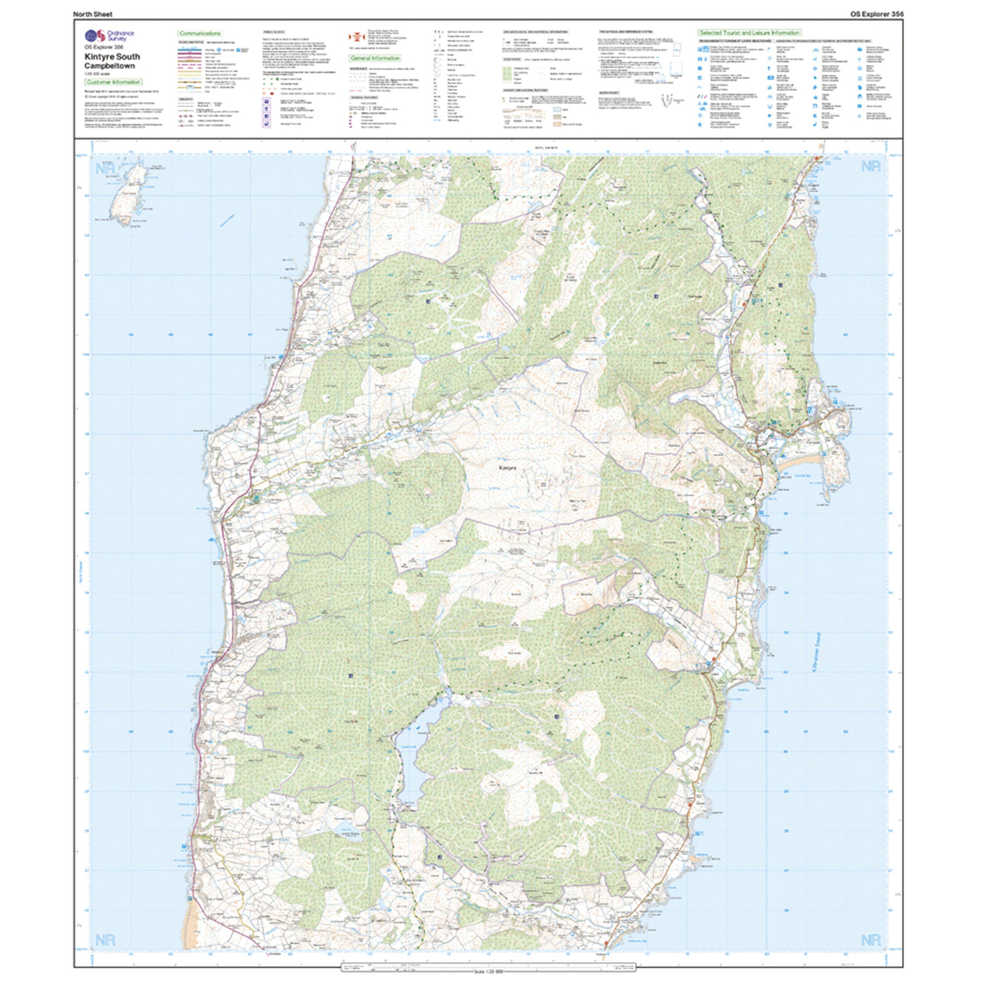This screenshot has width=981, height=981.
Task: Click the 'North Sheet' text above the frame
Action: (93, 14)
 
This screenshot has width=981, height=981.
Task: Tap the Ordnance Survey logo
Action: (95, 36)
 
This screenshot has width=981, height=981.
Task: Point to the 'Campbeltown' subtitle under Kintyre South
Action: (110, 66)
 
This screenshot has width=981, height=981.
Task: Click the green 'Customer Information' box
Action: (113, 82)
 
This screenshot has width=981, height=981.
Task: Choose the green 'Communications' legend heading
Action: (199, 33)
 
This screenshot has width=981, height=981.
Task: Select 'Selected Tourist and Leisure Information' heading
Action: (749, 32)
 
